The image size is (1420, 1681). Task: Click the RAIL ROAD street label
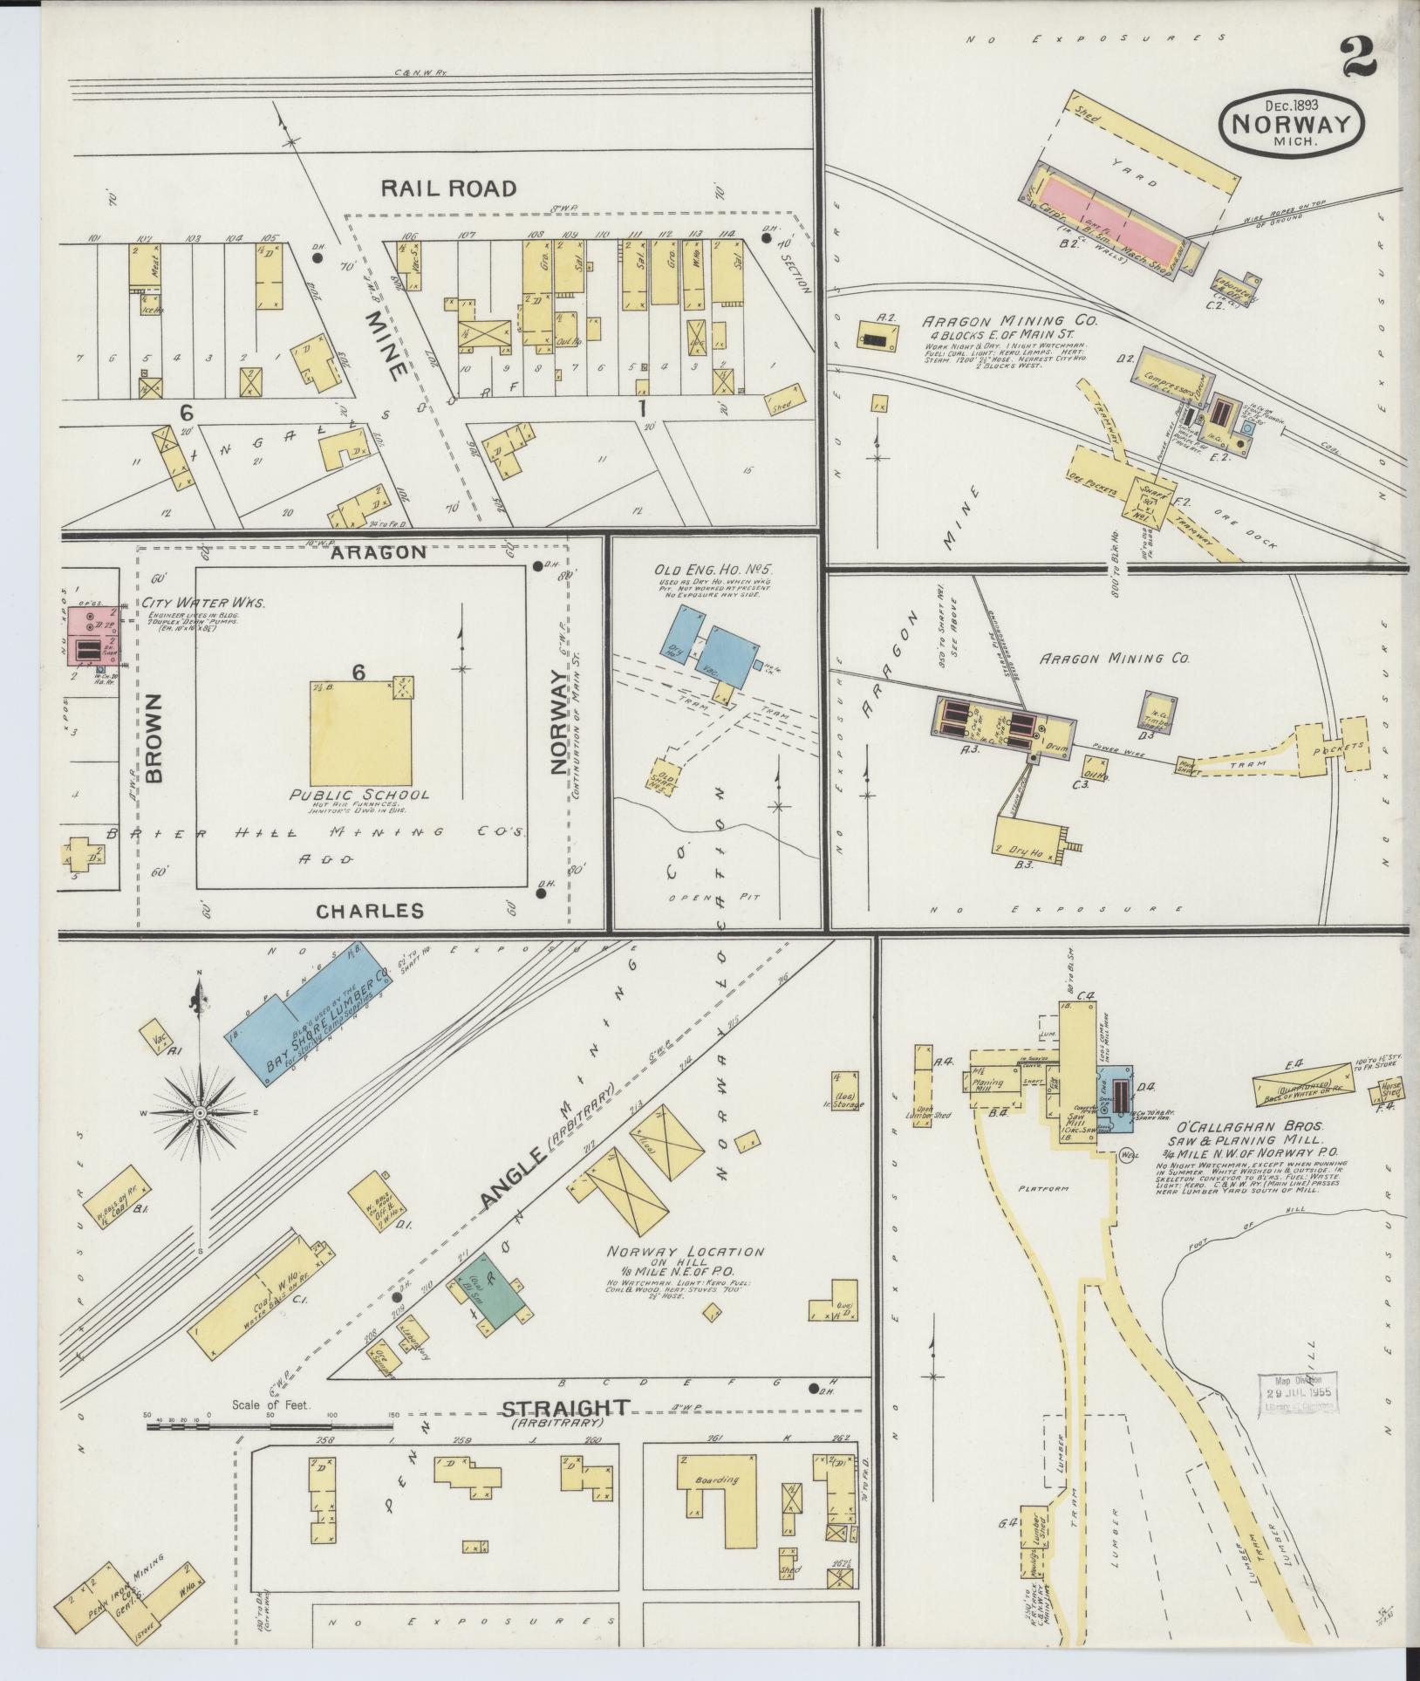(448, 188)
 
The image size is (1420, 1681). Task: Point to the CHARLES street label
(370, 912)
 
